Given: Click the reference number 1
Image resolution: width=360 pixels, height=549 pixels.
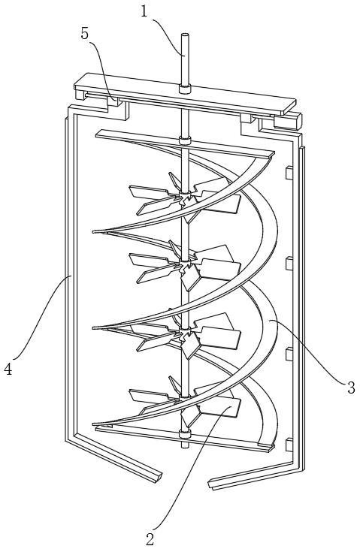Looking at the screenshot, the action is pos(145,11).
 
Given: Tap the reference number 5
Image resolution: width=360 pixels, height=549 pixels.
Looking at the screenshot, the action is pos(85,33).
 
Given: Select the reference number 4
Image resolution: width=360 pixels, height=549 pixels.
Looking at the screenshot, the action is pos(8,369).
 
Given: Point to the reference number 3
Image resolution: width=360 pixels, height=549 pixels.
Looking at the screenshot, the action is pos(351,388).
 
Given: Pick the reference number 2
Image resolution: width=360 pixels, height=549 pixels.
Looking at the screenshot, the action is pos(150,539).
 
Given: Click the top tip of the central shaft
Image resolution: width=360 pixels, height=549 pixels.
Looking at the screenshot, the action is pos(185,35).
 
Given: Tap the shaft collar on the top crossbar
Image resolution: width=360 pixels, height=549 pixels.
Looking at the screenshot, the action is pos(185,89).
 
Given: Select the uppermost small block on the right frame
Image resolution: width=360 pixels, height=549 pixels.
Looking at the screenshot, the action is pos(289,173).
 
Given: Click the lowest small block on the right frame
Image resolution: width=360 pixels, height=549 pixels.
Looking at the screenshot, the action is pos(289,445).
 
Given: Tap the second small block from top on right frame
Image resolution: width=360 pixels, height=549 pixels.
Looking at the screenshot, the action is pos(289,264).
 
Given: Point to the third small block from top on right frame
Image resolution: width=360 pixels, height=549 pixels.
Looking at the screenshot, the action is pos(289,354).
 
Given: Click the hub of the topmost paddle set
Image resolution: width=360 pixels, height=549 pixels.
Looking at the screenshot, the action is pos(185,197).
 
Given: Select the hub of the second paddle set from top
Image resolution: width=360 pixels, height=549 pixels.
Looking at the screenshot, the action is pos(185,265).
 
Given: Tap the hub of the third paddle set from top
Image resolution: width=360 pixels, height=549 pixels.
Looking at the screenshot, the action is pos(185,333).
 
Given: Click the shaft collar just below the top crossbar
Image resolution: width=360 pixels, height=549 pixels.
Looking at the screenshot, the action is pos(185,140).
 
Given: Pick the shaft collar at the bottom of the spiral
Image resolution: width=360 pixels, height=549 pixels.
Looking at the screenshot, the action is pos(185,433).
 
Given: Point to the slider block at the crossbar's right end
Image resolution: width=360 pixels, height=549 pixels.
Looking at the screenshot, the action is pos(288,121).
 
